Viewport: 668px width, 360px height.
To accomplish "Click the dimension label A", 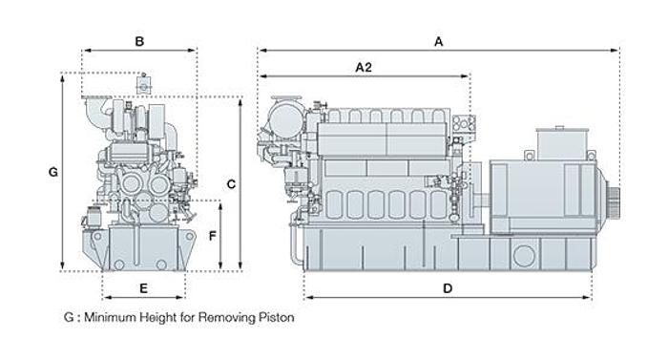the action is [x=438, y=42].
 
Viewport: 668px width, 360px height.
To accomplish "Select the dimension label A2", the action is [x=364, y=68].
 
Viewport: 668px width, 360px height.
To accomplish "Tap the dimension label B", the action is [x=139, y=42].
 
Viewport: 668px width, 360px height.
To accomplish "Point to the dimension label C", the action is [x=231, y=184].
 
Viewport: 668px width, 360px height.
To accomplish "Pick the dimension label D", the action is [x=448, y=288].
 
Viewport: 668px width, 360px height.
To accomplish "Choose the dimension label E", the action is [x=143, y=288].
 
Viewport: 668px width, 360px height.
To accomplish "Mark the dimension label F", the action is [x=213, y=236].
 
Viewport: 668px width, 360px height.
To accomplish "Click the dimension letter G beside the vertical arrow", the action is [x=53, y=172].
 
